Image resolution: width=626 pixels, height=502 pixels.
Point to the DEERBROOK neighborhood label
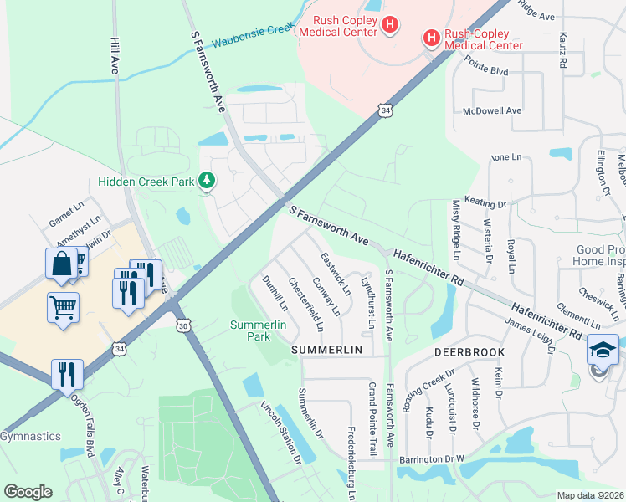point(469,353)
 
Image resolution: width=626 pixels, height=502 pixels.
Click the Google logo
point(28,492)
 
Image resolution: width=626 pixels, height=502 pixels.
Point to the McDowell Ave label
point(492,110)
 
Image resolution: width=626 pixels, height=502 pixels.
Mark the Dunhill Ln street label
point(274,294)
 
